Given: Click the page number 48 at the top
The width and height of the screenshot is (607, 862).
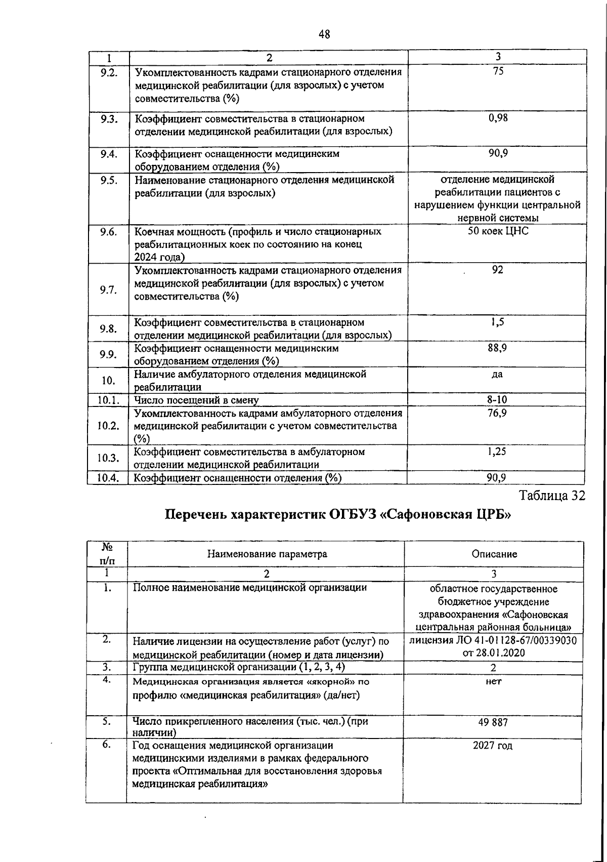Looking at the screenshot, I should [324, 34].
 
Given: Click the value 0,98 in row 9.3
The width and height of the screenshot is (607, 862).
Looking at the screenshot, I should [498, 118].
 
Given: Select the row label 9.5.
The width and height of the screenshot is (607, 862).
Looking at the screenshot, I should [108, 180].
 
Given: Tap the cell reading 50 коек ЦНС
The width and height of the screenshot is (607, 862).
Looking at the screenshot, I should [498, 232].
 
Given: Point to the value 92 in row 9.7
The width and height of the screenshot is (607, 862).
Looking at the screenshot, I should [498, 270].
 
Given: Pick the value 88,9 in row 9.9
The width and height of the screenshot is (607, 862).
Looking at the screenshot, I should [498, 348].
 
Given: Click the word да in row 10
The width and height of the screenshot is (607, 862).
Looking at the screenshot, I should [498, 375].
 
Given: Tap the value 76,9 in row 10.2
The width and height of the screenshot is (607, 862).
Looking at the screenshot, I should [498, 413].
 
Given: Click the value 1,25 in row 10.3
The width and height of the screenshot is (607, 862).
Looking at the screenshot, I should [498, 451].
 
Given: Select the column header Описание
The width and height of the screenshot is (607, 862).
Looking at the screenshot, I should [494, 554].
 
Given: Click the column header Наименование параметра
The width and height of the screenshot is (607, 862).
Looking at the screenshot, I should [267, 554].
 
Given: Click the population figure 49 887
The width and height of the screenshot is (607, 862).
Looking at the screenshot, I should [493, 723].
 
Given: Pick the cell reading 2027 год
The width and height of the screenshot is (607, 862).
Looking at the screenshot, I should [493, 746].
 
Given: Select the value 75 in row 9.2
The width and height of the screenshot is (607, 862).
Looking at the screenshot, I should [498, 72].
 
